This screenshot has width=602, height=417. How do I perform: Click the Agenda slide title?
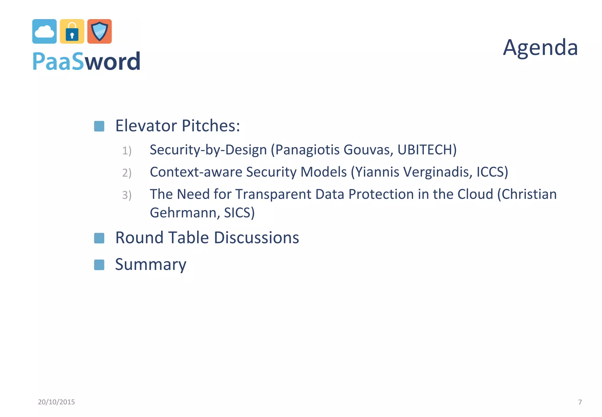540,48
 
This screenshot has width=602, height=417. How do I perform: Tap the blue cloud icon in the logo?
44,31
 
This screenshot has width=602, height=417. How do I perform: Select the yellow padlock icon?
72,31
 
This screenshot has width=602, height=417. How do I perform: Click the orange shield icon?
100,31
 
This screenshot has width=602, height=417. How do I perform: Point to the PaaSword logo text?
86,61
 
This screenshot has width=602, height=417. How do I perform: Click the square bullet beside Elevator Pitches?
99,126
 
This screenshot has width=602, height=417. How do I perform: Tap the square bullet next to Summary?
99,265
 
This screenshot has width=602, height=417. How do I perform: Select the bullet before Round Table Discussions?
99,238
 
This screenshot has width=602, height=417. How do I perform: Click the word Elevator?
146,126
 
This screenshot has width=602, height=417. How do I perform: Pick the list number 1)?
127,151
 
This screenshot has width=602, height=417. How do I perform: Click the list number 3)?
127,195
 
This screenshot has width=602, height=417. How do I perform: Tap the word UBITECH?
425,150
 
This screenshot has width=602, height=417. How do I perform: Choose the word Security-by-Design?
208,150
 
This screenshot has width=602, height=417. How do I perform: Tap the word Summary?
150,264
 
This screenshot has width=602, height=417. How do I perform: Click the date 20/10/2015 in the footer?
56,402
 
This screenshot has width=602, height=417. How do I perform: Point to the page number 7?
580,402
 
